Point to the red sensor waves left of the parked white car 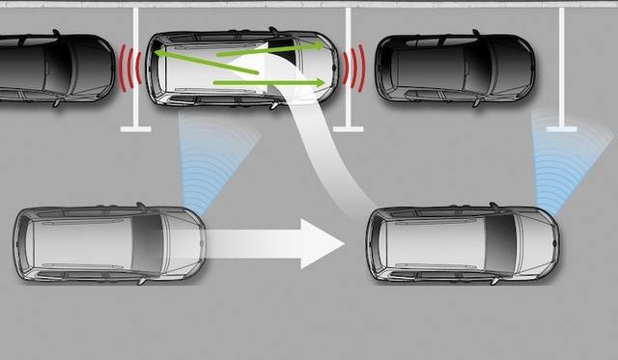pyautogui.click(x=130, y=68)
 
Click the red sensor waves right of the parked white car pyautogui.click(x=353, y=69)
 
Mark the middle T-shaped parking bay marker pyautogui.click(x=348, y=126)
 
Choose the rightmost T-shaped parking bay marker pyautogui.click(x=561, y=125)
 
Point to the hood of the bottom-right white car pyautogui.click(x=536, y=243)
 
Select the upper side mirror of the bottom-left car pyautogui.click(x=141, y=206)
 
